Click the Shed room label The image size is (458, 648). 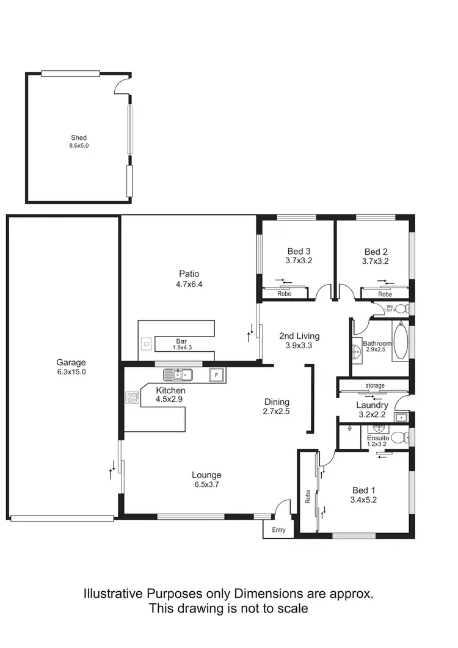click(x=78, y=137)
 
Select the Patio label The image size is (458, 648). click(x=189, y=274)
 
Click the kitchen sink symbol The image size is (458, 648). click(x=178, y=374)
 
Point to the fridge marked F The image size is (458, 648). click(x=214, y=374)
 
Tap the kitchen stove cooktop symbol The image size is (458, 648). click(x=133, y=398)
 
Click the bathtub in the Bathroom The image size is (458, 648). click(x=400, y=343)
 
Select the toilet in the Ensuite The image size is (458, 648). click(x=399, y=437)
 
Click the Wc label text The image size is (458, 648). click(x=389, y=305)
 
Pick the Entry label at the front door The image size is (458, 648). click(x=278, y=530)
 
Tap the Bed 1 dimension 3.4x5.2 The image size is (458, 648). click(x=361, y=501)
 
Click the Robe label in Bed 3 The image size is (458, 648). click(x=284, y=294)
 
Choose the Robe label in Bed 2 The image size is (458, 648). click(x=385, y=294)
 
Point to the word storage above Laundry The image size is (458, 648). click(x=375, y=385)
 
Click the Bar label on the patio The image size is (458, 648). click(x=181, y=341)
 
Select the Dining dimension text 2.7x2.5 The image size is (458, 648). click(x=277, y=412)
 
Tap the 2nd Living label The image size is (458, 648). click(x=299, y=335)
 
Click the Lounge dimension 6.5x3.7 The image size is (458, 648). click(x=206, y=485)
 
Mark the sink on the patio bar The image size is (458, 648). click(x=147, y=344)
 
